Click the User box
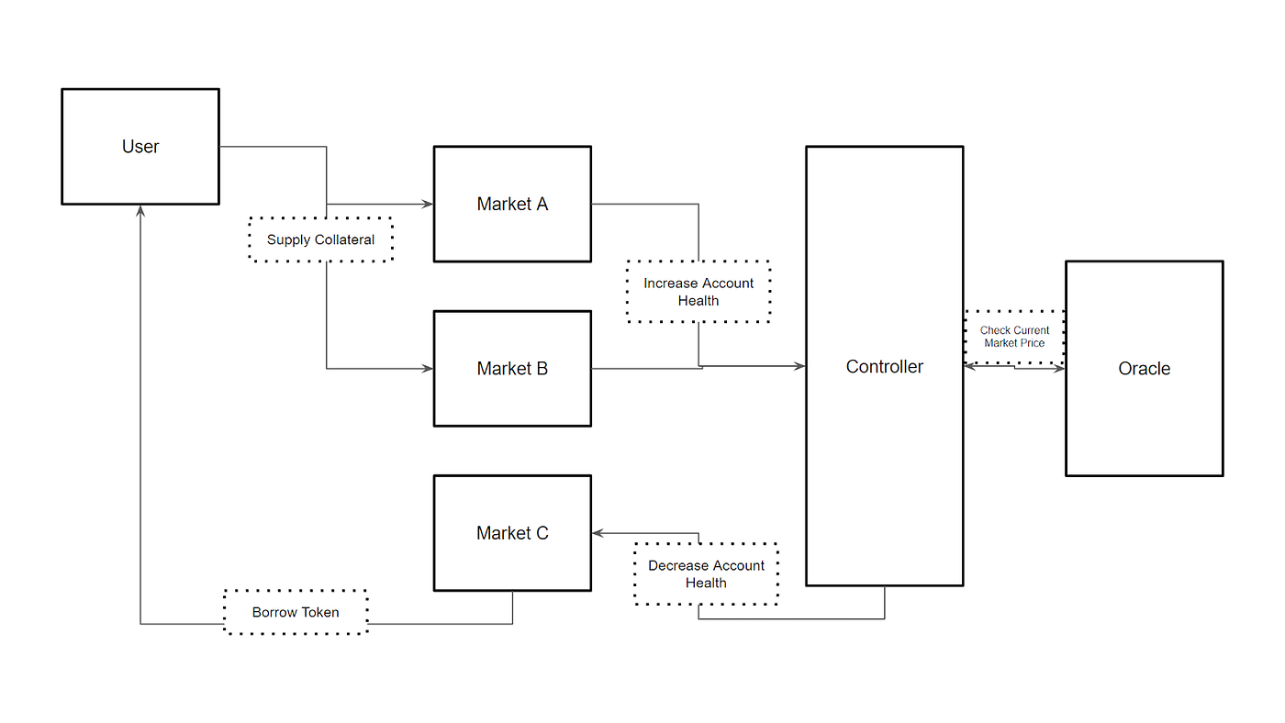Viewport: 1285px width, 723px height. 140,146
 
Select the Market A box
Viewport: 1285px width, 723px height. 512,204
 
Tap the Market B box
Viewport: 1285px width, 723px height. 512,369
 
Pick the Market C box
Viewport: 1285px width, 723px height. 512,533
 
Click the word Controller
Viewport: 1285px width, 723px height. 885,367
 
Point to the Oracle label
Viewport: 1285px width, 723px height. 1144,369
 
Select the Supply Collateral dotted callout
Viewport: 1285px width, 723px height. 320,239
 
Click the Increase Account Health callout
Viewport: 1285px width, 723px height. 698,292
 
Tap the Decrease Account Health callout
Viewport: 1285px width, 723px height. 706,574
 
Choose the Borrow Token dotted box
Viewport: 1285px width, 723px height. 296,612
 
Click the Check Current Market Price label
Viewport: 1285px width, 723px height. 1014,337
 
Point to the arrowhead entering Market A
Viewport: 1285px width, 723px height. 428,204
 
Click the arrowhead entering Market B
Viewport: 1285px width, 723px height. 428,369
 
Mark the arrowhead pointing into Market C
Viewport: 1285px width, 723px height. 598,533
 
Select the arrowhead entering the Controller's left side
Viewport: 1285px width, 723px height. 799,366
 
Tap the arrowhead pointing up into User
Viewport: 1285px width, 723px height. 140,210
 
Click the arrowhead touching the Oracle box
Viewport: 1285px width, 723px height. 1059,369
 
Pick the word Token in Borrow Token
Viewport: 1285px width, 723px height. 320,612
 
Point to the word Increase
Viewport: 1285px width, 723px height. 672,284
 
